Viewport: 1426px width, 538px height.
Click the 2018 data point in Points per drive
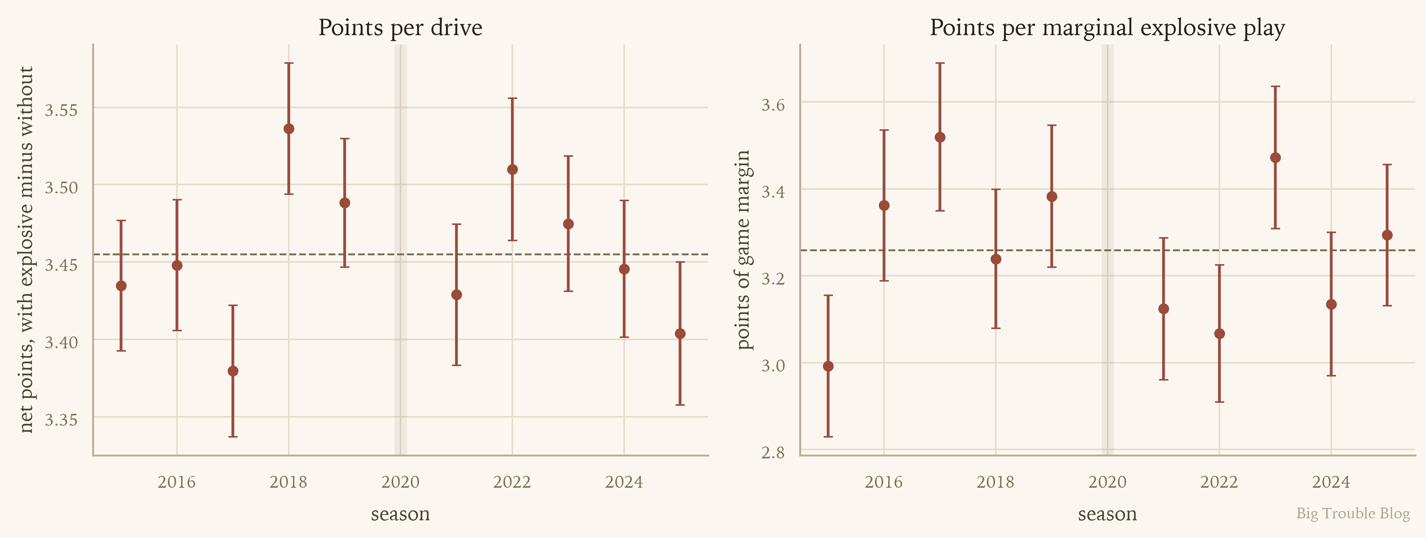tap(288, 129)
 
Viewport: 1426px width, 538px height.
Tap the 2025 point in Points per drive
tap(680, 333)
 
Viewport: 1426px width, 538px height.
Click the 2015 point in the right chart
tap(828, 366)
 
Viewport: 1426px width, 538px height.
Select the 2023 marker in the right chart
tap(1275, 158)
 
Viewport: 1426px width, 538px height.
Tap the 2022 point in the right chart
tap(1219, 333)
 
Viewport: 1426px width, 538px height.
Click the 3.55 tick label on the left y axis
tap(61, 110)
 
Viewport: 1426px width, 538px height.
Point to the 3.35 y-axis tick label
tap(61, 419)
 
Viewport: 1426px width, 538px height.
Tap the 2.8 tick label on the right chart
tap(773, 453)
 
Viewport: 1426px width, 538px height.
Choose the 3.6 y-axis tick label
tap(773, 105)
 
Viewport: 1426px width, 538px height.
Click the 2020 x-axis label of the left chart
tap(400, 482)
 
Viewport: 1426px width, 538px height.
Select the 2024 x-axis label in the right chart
tap(1331, 482)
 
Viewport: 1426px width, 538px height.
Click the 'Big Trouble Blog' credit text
tap(1353, 513)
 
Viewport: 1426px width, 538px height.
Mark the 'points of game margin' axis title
tap(743, 250)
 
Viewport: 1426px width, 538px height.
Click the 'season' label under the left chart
tap(400, 514)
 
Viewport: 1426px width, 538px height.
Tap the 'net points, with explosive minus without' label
tap(26, 250)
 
